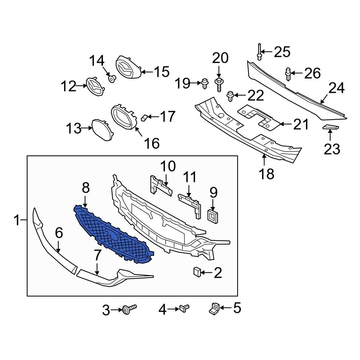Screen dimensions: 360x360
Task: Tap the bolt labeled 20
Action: [219, 85]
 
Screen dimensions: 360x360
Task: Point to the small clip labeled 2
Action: [197, 272]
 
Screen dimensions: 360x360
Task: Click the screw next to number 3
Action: [130, 309]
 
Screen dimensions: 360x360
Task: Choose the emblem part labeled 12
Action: [95, 86]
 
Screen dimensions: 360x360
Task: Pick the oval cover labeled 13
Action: [103, 130]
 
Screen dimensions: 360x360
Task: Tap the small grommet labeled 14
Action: [112, 78]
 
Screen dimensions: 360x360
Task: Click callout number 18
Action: [266, 174]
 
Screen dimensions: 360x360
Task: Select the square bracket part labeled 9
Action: [213, 216]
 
